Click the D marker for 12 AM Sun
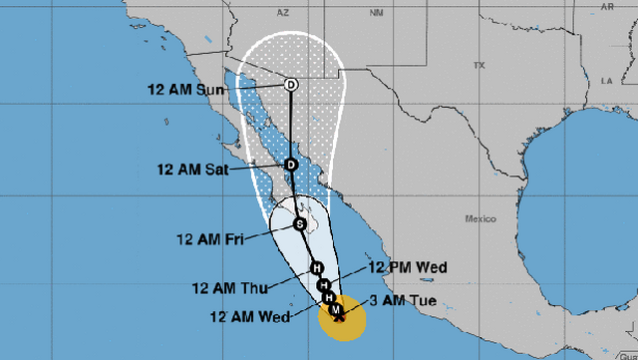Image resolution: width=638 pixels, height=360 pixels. click(x=291, y=85)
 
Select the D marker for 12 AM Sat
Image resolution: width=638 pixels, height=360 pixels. click(x=291, y=165)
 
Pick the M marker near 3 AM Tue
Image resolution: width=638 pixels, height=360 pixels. click(x=338, y=311)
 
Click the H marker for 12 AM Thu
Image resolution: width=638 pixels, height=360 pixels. click(x=316, y=268)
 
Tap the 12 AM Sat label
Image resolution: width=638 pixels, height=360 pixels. click(x=192, y=170)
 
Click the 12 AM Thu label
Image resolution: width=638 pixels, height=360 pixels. click(x=229, y=289)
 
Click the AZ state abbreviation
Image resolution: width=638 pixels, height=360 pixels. click(x=282, y=13)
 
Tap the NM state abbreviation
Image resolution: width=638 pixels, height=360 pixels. click(x=376, y=13)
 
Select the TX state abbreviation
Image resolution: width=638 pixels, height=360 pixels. click(x=478, y=65)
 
